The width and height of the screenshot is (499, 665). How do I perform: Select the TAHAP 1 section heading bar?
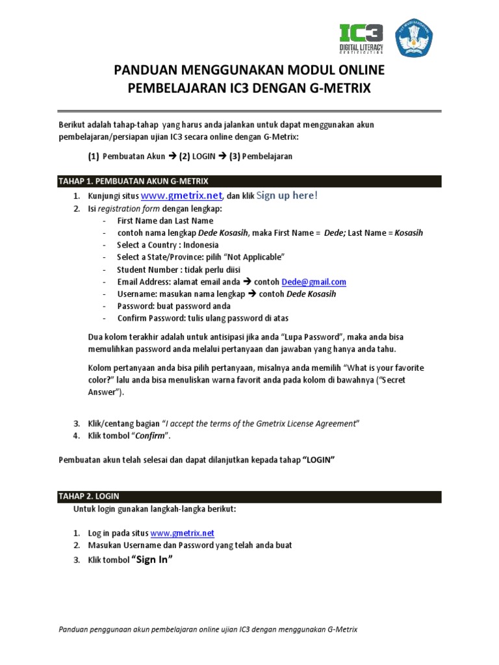click(x=250, y=181)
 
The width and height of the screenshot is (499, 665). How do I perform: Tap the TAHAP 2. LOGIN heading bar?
click(x=250, y=496)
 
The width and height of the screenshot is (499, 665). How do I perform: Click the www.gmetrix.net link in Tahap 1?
click(x=182, y=195)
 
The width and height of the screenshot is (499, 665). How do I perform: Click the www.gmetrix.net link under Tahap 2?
click(x=182, y=533)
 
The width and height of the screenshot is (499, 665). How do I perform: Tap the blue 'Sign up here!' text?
click(x=287, y=195)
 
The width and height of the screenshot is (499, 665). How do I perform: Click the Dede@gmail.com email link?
click(x=314, y=282)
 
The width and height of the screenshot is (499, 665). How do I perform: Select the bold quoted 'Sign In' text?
click(x=153, y=559)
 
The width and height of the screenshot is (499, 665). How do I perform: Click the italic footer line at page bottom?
click(x=208, y=629)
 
